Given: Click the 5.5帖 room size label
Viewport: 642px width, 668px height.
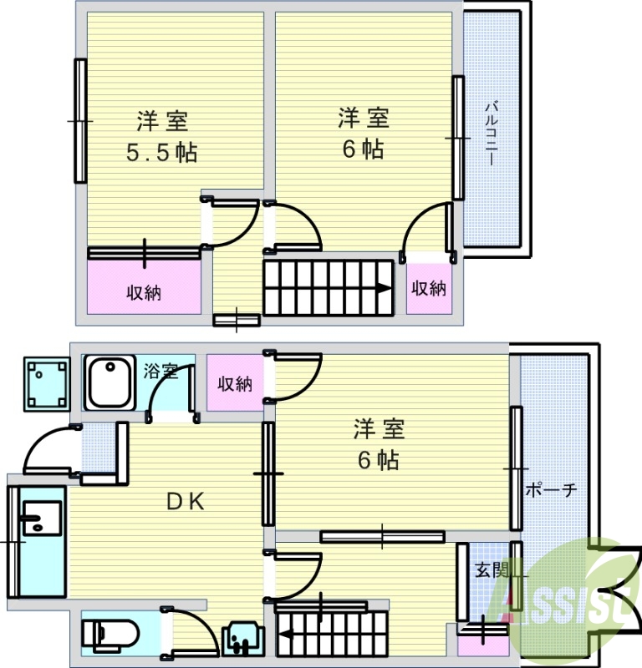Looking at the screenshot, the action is click(x=161, y=152).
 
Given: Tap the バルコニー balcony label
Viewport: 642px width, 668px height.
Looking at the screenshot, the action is click(x=492, y=133).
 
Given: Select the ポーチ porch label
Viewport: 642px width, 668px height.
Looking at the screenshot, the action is click(x=550, y=490).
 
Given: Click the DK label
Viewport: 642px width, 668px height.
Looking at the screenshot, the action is click(x=186, y=502).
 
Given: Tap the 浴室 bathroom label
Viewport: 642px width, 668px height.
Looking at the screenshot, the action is click(x=160, y=371).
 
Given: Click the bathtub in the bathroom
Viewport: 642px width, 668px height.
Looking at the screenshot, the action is click(x=110, y=382).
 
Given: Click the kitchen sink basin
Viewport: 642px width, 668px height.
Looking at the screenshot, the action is click(x=42, y=518).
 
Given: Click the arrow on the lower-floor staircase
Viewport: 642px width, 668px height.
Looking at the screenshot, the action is click(x=285, y=635).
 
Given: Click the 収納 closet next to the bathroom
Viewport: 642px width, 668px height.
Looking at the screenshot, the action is click(x=235, y=383).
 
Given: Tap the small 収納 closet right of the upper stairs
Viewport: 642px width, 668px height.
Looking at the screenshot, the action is click(x=429, y=289).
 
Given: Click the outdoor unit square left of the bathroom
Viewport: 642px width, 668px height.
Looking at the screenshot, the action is click(x=47, y=384).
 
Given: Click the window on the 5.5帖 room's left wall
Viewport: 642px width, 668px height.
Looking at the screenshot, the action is click(x=80, y=121).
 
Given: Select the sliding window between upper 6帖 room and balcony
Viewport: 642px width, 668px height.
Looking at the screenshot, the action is click(x=458, y=138).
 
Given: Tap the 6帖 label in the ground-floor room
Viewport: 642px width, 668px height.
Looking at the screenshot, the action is click(x=378, y=460).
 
